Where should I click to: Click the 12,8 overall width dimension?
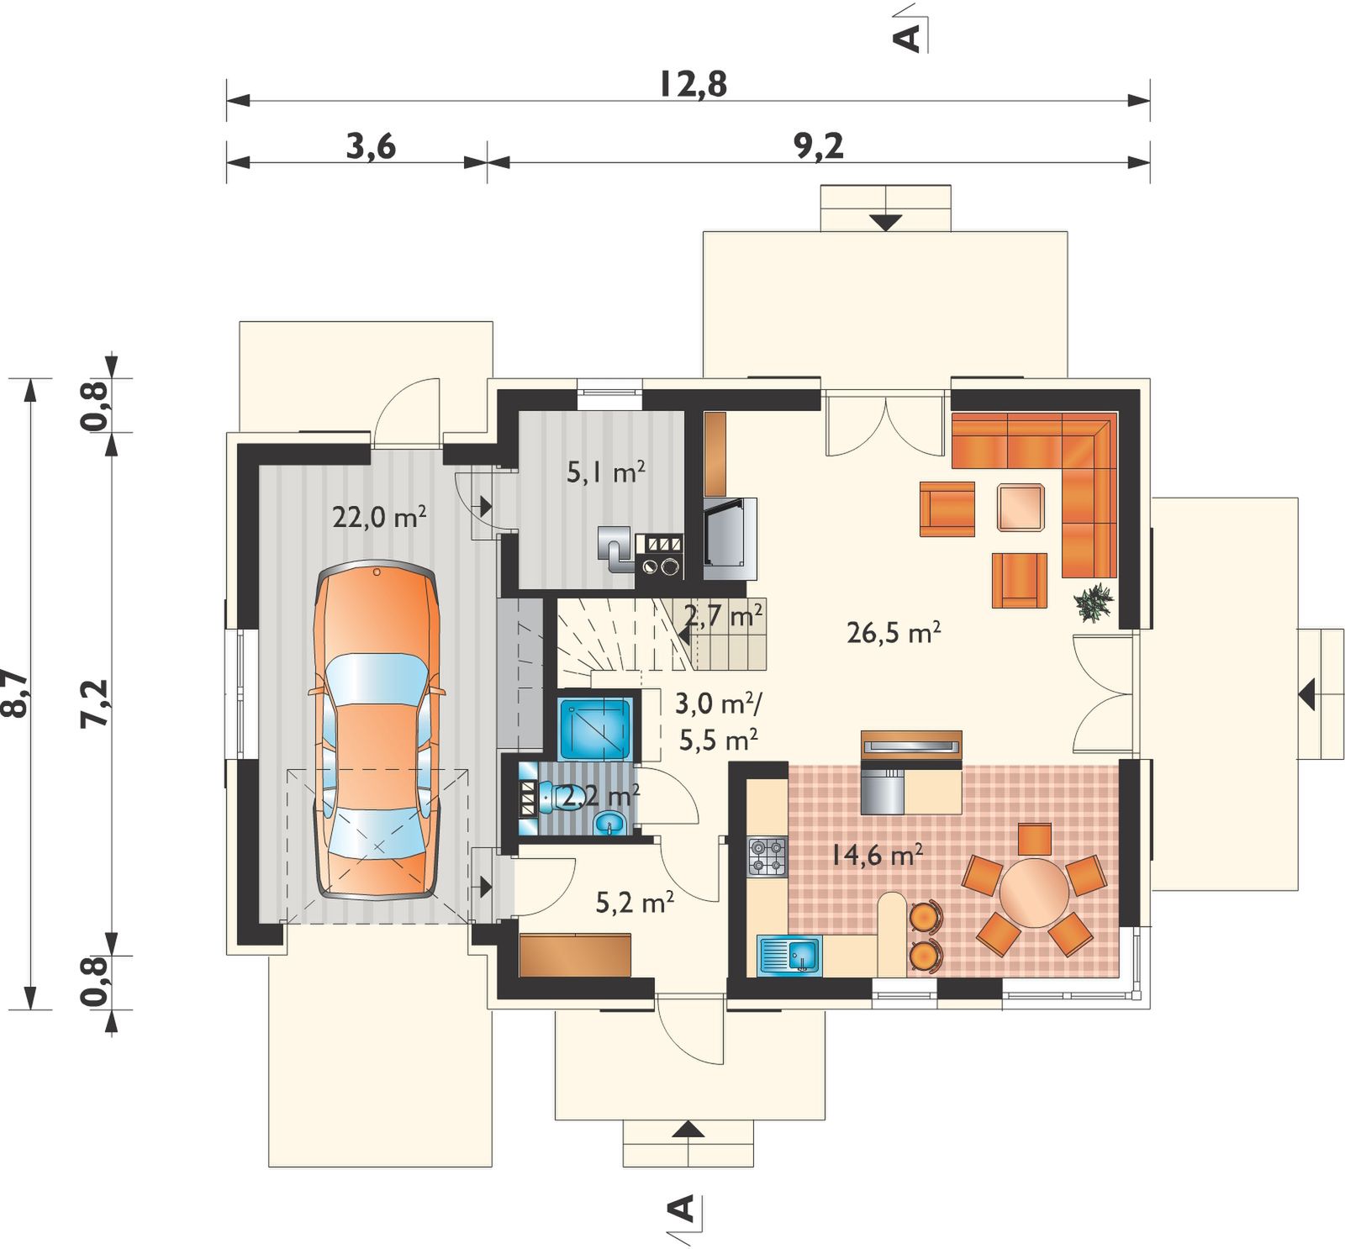(x=693, y=84)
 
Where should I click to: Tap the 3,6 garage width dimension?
(x=371, y=146)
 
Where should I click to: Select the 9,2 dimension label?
(x=818, y=146)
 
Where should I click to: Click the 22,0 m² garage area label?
(x=379, y=516)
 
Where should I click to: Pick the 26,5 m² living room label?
(x=893, y=632)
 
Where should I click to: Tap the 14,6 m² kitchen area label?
(x=878, y=856)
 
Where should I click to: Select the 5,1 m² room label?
(x=605, y=472)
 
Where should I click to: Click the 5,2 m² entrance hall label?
(x=634, y=903)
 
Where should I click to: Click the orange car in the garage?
(x=377, y=731)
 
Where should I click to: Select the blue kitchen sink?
(x=790, y=956)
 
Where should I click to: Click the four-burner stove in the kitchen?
(x=767, y=856)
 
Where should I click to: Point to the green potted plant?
(x=1094, y=602)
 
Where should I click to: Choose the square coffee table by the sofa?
(x=1021, y=507)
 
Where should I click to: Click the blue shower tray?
(x=596, y=728)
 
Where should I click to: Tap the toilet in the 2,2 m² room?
(x=554, y=796)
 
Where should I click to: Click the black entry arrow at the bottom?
(x=688, y=1129)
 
